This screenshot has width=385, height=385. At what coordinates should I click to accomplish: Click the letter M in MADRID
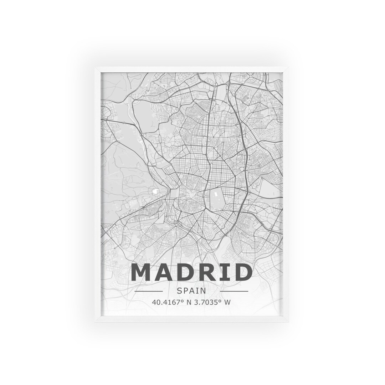pyautogui.click(x=142, y=272)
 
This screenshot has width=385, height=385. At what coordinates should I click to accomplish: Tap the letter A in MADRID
pyautogui.click(x=164, y=272)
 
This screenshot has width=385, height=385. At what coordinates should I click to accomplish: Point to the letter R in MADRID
pyautogui.click(x=205, y=272)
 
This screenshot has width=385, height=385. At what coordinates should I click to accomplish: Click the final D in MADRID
pyautogui.click(x=241, y=272)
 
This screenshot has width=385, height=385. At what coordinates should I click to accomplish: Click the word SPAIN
pyautogui.click(x=191, y=291)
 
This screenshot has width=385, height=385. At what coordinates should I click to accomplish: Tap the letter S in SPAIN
pyautogui.click(x=180, y=291)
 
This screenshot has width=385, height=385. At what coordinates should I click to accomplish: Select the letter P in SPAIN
pyautogui.click(x=186, y=291)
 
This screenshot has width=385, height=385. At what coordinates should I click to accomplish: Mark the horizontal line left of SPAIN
pyautogui.click(x=149, y=291)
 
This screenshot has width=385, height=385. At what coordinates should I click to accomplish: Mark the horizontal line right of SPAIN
pyautogui.click(x=234, y=291)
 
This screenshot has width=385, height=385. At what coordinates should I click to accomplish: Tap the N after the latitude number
pyautogui.click(x=189, y=302)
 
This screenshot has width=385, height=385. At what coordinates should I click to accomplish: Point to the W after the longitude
pyautogui.click(x=227, y=302)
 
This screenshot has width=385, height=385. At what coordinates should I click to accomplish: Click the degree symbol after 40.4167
pyautogui.click(x=183, y=301)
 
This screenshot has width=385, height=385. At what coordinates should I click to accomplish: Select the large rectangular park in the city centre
pyautogui.click(x=217, y=198)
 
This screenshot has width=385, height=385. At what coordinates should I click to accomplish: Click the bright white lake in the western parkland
pyautogui.click(x=155, y=192)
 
